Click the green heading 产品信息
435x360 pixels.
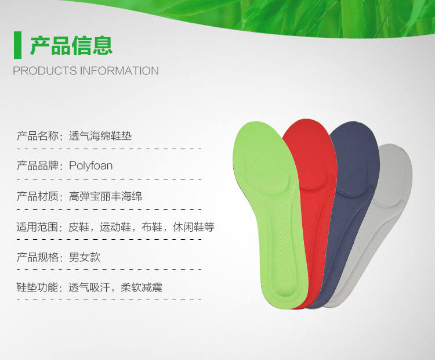point(71,45)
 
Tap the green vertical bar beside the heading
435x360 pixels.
point(17,45)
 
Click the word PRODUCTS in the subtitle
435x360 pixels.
point(45,71)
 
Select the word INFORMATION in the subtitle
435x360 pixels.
point(119,71)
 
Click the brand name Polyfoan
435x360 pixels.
point(90,166)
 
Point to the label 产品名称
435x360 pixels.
point(38,136)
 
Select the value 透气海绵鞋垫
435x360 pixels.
point(100,136)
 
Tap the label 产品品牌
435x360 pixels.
point(38,166)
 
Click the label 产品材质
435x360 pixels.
point(38,196)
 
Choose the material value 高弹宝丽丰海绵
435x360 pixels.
point(106,196)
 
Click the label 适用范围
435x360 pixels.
point(38,227)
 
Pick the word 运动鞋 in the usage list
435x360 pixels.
point(115,227)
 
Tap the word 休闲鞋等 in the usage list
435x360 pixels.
point(194,227)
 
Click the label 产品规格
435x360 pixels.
point(38,257)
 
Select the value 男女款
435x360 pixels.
point(84,257)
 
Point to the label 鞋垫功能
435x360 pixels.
point(38,287)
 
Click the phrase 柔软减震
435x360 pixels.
point(142,287)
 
